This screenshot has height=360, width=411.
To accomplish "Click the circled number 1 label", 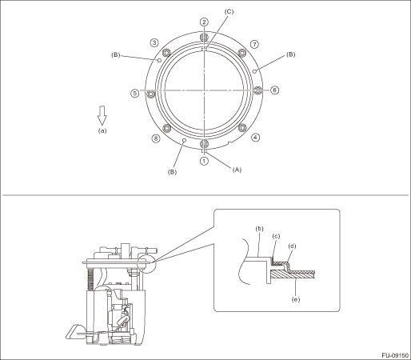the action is pyautogui.click(x=204, y=161).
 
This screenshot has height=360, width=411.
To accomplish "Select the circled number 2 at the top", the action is pyautogui.click(x=204, y=22).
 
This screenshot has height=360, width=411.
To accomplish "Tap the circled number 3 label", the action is pyautogui.click(x=154, y=42).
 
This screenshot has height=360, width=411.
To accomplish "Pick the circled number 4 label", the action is pyautogui.click(x=255, y=138).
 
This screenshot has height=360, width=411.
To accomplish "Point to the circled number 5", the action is pyautogui.click(x=135, y=94).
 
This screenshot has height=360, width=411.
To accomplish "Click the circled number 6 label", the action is pyautogui.click(x=274, y=90).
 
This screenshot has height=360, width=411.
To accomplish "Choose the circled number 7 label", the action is pyautogui.click(x=255, y=44).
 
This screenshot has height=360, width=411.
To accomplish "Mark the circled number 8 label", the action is pyautogui.click(x=156, y=138).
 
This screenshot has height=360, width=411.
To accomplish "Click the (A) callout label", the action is pyautogui.click(x=237, y=170).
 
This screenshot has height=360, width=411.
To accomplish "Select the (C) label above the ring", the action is pyautogui.click(x=229, y=11).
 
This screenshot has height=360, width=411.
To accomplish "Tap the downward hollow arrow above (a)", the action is pyautogui.click(x=102, y=115).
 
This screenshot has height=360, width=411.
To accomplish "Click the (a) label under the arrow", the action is pyautogui.click(x=102, y=130).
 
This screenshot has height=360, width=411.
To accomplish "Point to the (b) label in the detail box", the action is pyautogui.click(x=259, y=229).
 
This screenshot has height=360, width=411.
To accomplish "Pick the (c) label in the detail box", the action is pyautogui.click(x=276, y=236).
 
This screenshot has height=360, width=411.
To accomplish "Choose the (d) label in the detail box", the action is pyautogui.click(x=293, y=246).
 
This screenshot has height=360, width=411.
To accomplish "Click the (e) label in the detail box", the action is pyautogui.click(x=296, y=299).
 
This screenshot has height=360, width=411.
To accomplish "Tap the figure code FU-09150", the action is pyautogui.click(x=395, y=355).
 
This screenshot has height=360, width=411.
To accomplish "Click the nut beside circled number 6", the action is pyautogui.click(x=257, y=90).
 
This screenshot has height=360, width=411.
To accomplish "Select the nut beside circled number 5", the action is pyautogui.click(x=151, y=94).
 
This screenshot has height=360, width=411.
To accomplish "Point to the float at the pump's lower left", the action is pyautogui.click(x=75, y=332).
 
